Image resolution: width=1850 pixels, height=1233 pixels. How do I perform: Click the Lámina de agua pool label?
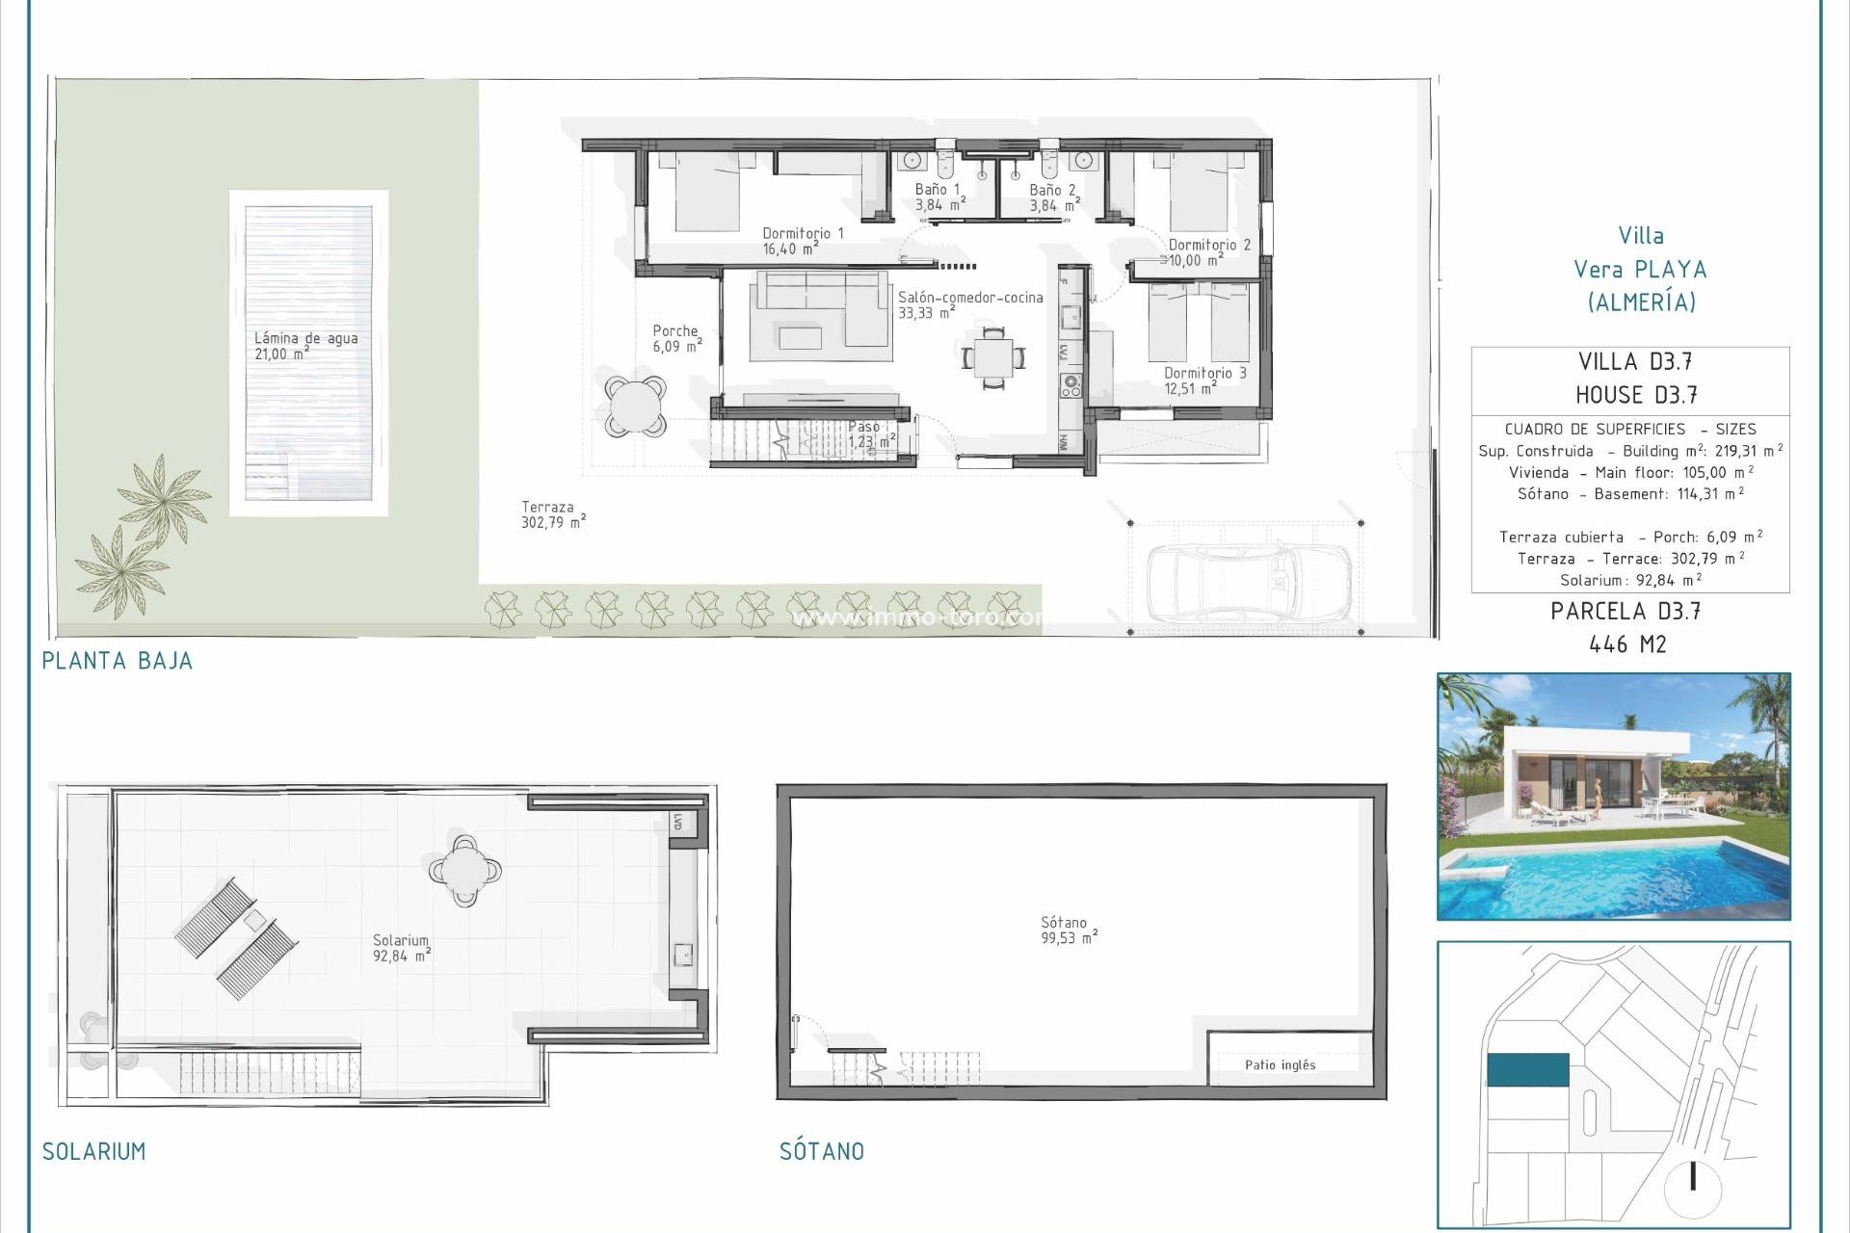click(x=305, y=346)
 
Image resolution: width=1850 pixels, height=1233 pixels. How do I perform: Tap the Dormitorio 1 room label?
click(x=803, y=241)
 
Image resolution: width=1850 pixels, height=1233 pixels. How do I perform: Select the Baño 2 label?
click(x=1053, y=197)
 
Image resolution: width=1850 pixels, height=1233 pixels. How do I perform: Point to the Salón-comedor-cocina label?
click(x=969, y=304)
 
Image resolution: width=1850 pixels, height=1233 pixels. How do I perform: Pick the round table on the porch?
click(x=636, y=406)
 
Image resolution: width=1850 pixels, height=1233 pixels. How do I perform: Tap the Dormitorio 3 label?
click(x=1204, y=380)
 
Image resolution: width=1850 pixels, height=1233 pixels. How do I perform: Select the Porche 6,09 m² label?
click(x=676, y=338)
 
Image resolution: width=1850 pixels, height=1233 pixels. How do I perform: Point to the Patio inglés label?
click(x=1280, y=1064)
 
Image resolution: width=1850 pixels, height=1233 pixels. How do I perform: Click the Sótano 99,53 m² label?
click(x=1068, y=930)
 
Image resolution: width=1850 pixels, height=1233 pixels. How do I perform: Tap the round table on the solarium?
click(x=465, y=871)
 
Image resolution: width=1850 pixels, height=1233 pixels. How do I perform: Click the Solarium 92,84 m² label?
click(x=401, y=948)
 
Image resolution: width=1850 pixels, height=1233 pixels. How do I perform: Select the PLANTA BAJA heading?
click(x=117, y=661)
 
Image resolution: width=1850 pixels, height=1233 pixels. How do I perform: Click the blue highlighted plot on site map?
click(x=1527, y=1069)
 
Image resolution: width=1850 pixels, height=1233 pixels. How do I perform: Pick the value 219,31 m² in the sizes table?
click(x=1748, y=451)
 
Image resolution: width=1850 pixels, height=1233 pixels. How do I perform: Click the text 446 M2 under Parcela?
click(x=1627, y=644)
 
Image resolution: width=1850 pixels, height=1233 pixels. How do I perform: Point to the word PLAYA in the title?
click(x=1671, y=270)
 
